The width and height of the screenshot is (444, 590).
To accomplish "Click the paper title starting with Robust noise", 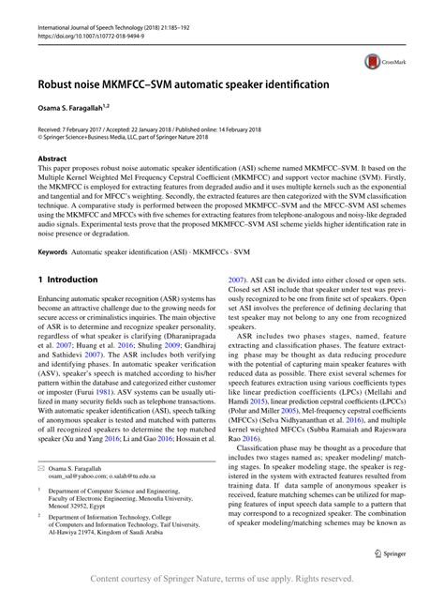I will click(184, 84).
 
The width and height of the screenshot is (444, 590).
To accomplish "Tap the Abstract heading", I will click(52, 160).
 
